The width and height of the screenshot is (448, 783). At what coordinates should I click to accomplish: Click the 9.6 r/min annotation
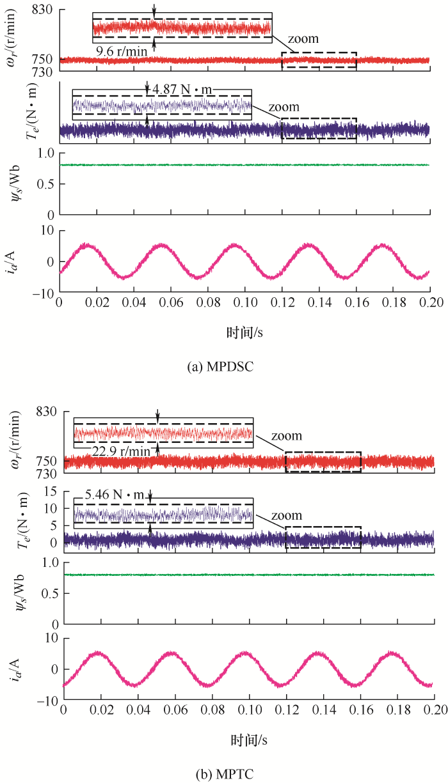point(122,50)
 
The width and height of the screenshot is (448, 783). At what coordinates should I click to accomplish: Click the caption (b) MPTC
point(224,774)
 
